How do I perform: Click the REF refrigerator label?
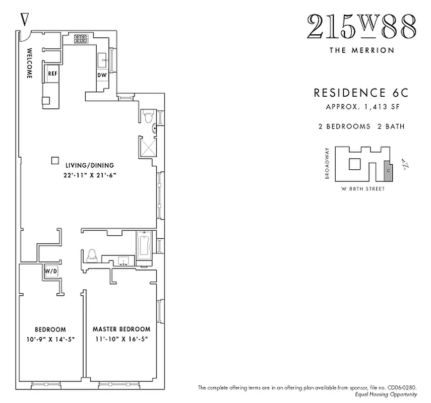[52, 74]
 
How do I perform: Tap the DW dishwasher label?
[101, 75]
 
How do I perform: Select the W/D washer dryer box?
[51, 271]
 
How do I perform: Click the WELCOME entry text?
[29, 63]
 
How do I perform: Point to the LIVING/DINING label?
[89, 165]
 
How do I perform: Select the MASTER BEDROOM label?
[121, 329]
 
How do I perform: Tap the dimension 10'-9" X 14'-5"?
[50, 339]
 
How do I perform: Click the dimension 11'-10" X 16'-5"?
[121, 339]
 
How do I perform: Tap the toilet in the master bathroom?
[92, 255]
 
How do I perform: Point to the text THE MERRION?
[361, 50]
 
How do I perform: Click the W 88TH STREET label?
[362, 189]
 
